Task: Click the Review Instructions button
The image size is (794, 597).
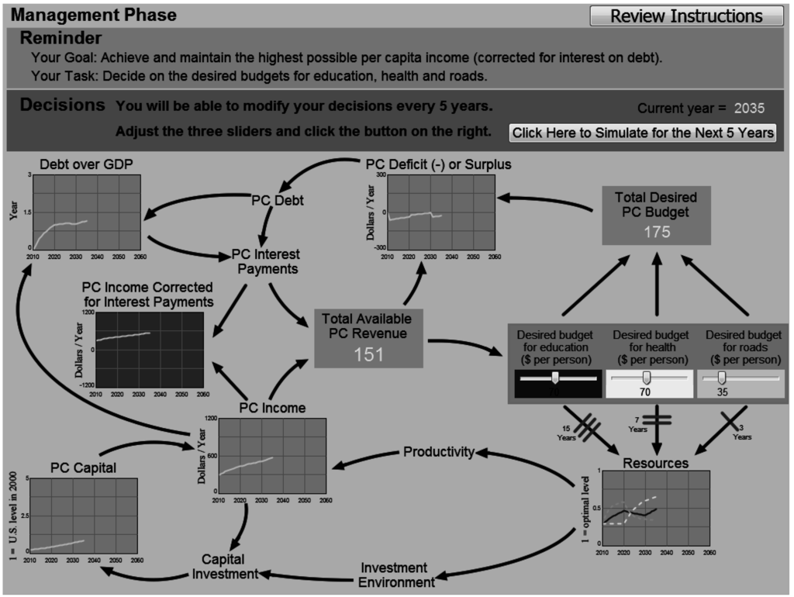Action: (686, 16)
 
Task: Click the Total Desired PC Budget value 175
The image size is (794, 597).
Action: (657, 232)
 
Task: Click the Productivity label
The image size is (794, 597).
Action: (438, 452)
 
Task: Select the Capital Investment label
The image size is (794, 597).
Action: (223, 567)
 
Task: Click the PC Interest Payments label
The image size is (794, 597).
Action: (265, 261)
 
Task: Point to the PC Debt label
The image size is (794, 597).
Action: (278, 200)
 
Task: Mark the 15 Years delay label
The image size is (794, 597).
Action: (566, 433)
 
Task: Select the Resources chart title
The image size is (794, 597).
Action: (655, 463)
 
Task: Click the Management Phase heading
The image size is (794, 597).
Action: (94, 15)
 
